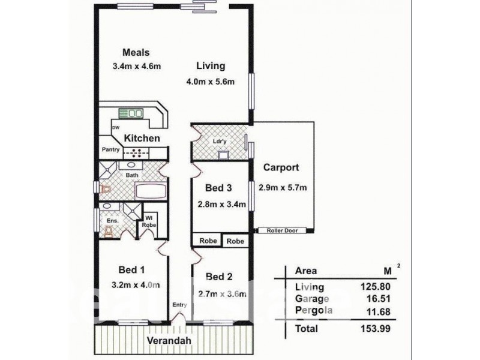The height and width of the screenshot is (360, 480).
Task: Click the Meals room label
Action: (x=136, y=52)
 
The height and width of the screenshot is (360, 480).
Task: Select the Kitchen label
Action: (x=142, y=139)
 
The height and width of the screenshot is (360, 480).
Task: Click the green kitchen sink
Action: (x=131, y=112)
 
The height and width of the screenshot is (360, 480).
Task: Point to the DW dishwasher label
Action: (x=115, y=127)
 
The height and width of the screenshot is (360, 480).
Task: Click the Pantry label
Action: (x=111, y=149)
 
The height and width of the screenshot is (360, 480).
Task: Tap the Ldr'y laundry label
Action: (x=219, y=142)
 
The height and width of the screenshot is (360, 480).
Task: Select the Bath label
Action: (x=133, y=176)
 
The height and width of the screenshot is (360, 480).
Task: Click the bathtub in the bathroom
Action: (x=151, y=192)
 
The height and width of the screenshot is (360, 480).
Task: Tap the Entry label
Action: (x=179, y=305)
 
